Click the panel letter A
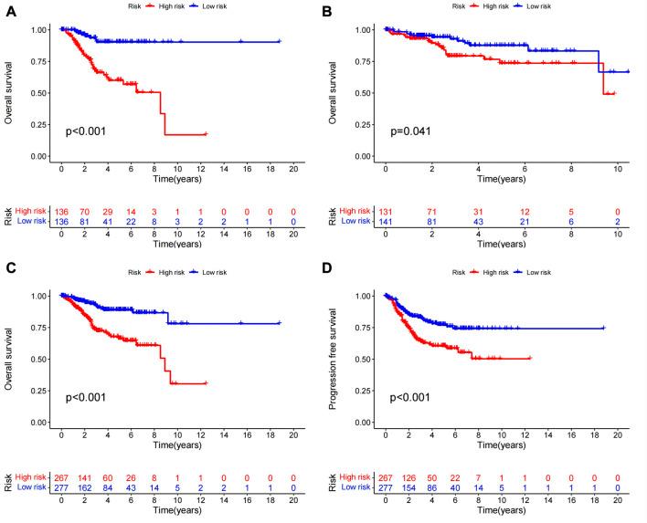click(8, 13)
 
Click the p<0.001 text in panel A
click(85, 131)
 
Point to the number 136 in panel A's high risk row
click(61, 208)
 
